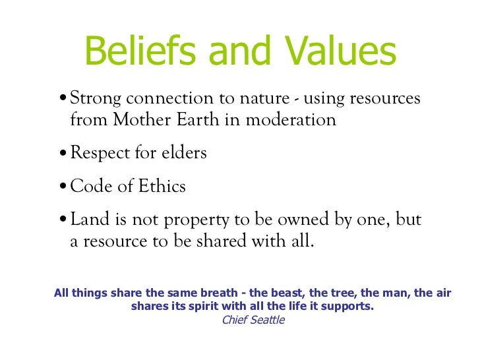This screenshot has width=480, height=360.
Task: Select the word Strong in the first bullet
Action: [x=97, y=100]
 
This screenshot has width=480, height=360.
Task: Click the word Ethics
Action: [x=162, y=187]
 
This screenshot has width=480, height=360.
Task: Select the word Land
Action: [x=88, y=220]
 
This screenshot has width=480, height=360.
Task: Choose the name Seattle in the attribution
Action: [x=267, y=320]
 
